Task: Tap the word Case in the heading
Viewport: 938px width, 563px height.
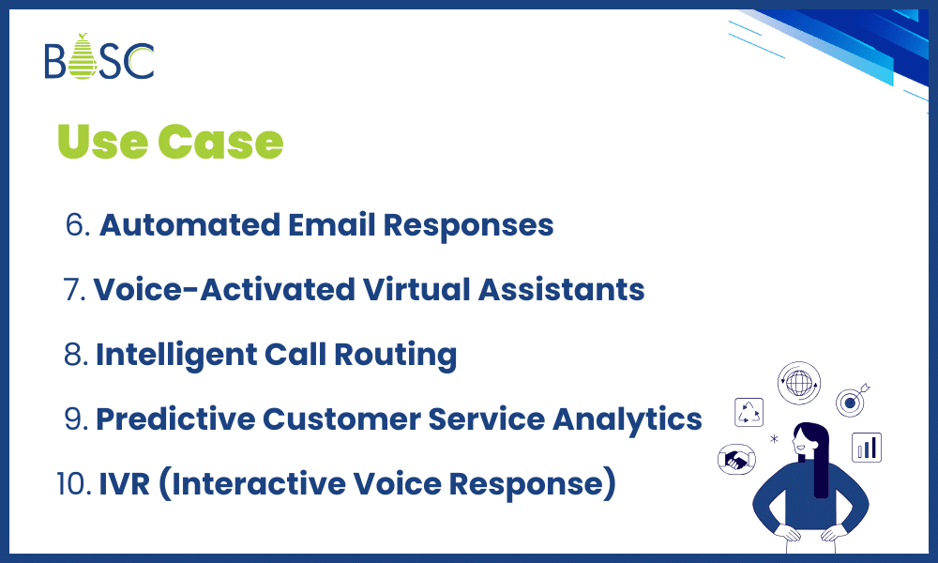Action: click(x=219, y=142)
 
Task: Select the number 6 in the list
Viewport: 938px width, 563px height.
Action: click(x=76, y=226)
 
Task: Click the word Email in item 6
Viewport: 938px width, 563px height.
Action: click(x=316, y=225)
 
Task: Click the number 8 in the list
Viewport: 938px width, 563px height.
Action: click(x=77, y=355)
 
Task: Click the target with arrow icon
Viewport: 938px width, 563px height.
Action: click(x=852, y=403)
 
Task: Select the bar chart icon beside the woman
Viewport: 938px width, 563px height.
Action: click(x=866, y=447)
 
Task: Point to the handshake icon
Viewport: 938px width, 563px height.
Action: click(x=737, y=459)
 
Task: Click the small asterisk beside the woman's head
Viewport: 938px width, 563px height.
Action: click(x=774, y=438)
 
